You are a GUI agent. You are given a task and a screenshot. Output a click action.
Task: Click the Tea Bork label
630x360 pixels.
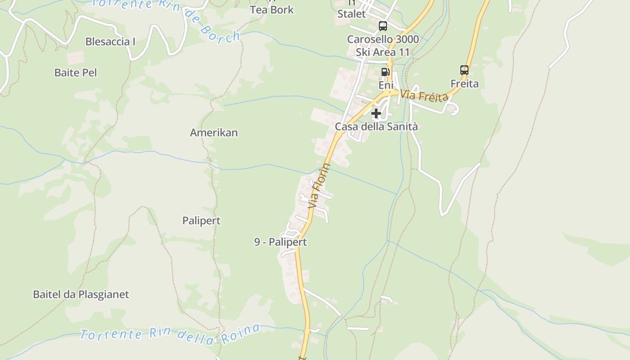(272, 10)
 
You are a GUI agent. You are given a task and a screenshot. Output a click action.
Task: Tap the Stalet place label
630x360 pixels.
(351, 14)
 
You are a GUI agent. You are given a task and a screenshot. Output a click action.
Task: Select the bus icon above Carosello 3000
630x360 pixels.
(383, 26)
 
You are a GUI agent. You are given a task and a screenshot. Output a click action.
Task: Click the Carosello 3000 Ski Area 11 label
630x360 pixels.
(383, 46)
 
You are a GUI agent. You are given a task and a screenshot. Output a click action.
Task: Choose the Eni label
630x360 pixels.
(386, 85)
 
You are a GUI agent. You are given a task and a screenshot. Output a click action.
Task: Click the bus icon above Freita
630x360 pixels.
(464, 70)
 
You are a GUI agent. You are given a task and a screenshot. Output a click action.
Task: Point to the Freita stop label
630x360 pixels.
(464, 84)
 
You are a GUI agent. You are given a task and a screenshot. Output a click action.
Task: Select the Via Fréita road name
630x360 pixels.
(424, 95)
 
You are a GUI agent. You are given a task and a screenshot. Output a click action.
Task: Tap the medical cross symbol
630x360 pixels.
(376, 113)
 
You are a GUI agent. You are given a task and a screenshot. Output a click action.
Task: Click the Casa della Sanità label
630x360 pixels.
(376, 127)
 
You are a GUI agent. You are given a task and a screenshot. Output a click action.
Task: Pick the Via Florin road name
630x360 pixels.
(319, 186)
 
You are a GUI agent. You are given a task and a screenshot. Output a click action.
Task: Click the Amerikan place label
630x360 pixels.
(214, 133)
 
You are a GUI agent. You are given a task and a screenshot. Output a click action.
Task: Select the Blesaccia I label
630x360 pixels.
(110, 42)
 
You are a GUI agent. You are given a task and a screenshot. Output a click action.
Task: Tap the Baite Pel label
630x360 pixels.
(76, 72)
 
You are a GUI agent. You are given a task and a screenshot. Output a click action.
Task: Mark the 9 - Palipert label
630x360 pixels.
(280, 242)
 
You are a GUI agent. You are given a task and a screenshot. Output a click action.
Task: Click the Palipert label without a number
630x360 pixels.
(202, 221)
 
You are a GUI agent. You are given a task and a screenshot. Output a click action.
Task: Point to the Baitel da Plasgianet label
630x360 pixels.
(81, 295)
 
